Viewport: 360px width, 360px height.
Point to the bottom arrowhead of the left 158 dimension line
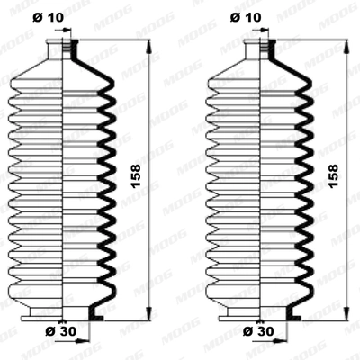pyautogui.click(x=148, y=316)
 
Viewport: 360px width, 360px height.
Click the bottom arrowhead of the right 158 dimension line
pyautogui.click(x=346, y=316)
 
